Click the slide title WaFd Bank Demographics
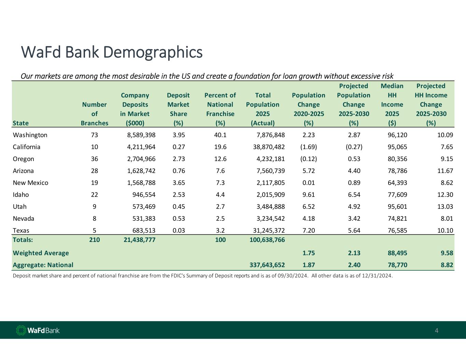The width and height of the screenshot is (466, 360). coord(112,52)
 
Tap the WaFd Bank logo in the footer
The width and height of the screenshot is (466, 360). coord(38,330)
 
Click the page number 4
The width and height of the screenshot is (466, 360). coord(436,330)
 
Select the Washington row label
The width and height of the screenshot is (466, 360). coord(30,135)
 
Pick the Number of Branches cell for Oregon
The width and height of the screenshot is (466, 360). coord(95,159)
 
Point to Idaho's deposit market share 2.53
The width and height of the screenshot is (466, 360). coord(179,195)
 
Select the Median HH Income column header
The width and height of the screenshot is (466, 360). coord(392,104)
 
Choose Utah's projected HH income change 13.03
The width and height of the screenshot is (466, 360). coord(445,206)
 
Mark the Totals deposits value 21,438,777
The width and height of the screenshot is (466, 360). coord(139,240)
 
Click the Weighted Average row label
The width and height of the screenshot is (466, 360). coord(41,253)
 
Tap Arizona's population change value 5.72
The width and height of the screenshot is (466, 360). coord(309,171)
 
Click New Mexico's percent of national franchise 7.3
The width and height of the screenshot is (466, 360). coord(220,183)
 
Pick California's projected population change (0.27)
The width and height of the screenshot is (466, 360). coord(354,147)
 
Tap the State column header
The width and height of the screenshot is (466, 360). coord(20,123)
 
